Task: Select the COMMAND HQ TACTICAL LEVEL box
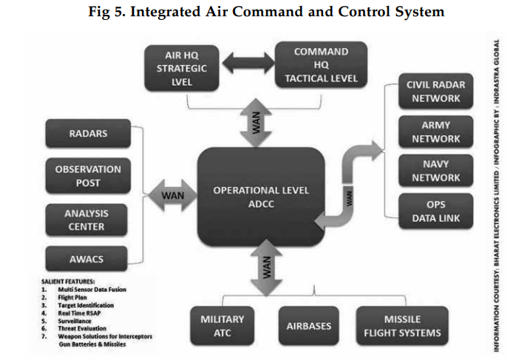(x=321, y=65)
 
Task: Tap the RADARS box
(x=88, y=134)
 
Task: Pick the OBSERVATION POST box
(x=88, y=175)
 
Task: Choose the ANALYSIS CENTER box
(x=87, y=220)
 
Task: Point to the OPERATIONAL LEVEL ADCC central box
(x=261, y=197)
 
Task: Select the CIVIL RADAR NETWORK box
(x=436, y=92)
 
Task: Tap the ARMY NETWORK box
(x=436, y=132)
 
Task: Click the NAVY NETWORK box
(x=436, y=171)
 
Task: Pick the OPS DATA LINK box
(x=436, y=211)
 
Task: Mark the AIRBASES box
(x=308, y=325)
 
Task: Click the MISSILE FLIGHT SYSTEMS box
(x=402, y=325)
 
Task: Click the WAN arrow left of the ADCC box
(x=172, y=196)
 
